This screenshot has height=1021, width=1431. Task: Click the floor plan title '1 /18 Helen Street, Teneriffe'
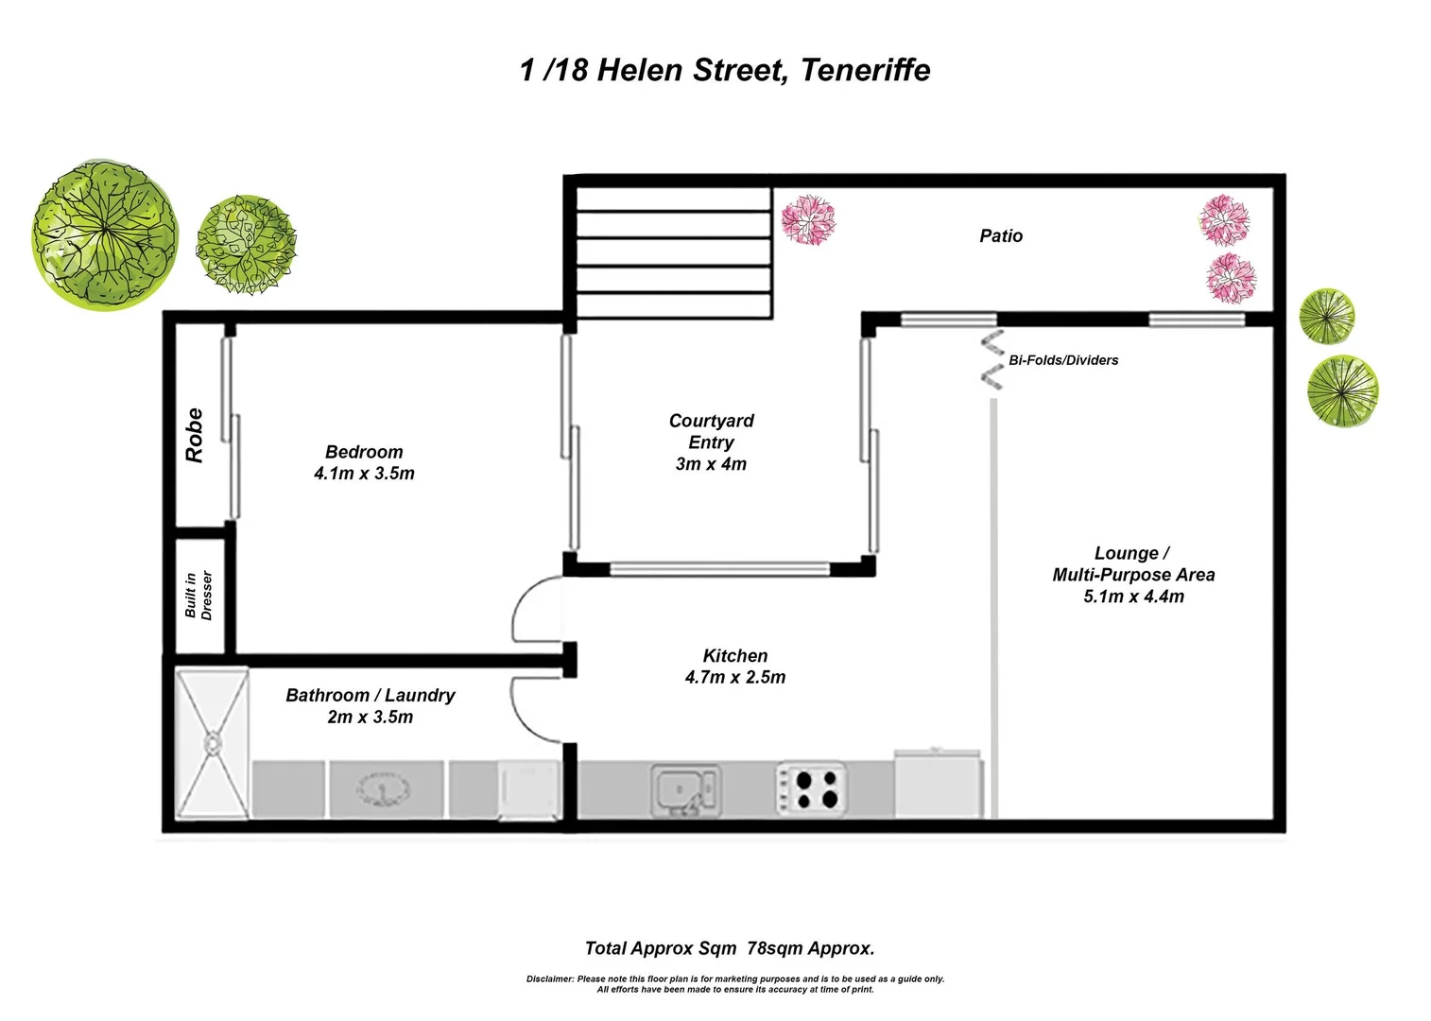pyautogui.click(x=725, y=70)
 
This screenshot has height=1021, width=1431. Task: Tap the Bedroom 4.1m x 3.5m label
pyautogui.click(x=364, y=462)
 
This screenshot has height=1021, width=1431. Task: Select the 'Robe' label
pyautogui.click(x=195, y=435)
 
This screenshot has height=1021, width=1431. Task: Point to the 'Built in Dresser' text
pyautogui.click(x=198, y=595)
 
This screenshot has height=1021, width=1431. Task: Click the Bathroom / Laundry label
pyautogui.click(x=371, y=705)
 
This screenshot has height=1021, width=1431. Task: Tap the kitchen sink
pyautogui.click(x=684, y=790)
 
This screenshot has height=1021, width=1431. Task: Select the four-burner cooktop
pyautogui.click(x=812, y=790)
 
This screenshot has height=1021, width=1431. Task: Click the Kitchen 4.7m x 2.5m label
pyautogui.click(x=735, y=666)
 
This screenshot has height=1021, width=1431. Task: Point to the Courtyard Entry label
pyautogui.click(x=711, y=441)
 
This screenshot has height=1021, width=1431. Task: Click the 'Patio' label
pyautogui.click(x=1001, y=235)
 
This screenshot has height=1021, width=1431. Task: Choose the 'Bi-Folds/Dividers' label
pyautogui.click(x=1063, y=360)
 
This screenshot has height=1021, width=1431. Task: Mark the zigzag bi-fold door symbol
pyautogui.click(x=991, y=359)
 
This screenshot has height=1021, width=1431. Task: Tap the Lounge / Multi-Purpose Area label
pyautogui.click(x=1133, y=574)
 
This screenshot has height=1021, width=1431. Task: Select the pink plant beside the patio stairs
pyautogui.click(x=809, y=219)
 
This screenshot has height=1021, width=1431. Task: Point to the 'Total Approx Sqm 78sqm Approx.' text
pyautogui.click(x=730, y=948)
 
